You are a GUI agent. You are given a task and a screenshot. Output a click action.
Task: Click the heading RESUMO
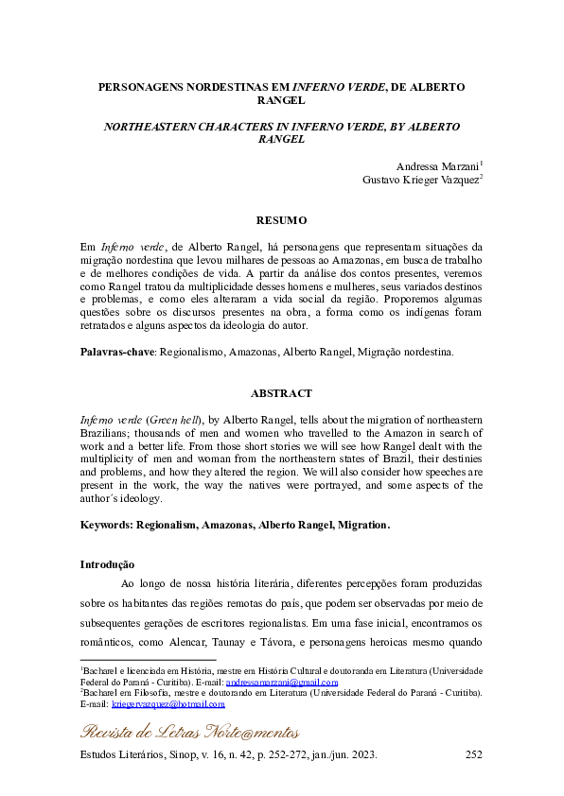pos(281,220)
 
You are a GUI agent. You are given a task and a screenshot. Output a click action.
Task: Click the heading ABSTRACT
pos(281,392)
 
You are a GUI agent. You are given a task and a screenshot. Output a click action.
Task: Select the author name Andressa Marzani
pos(437,166)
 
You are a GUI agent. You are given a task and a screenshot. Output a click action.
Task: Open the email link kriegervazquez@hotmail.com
pos(168,703)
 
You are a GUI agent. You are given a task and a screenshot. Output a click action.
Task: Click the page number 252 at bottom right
pos(475,756)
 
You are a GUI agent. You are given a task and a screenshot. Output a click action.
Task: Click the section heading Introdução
pos(107,563)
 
